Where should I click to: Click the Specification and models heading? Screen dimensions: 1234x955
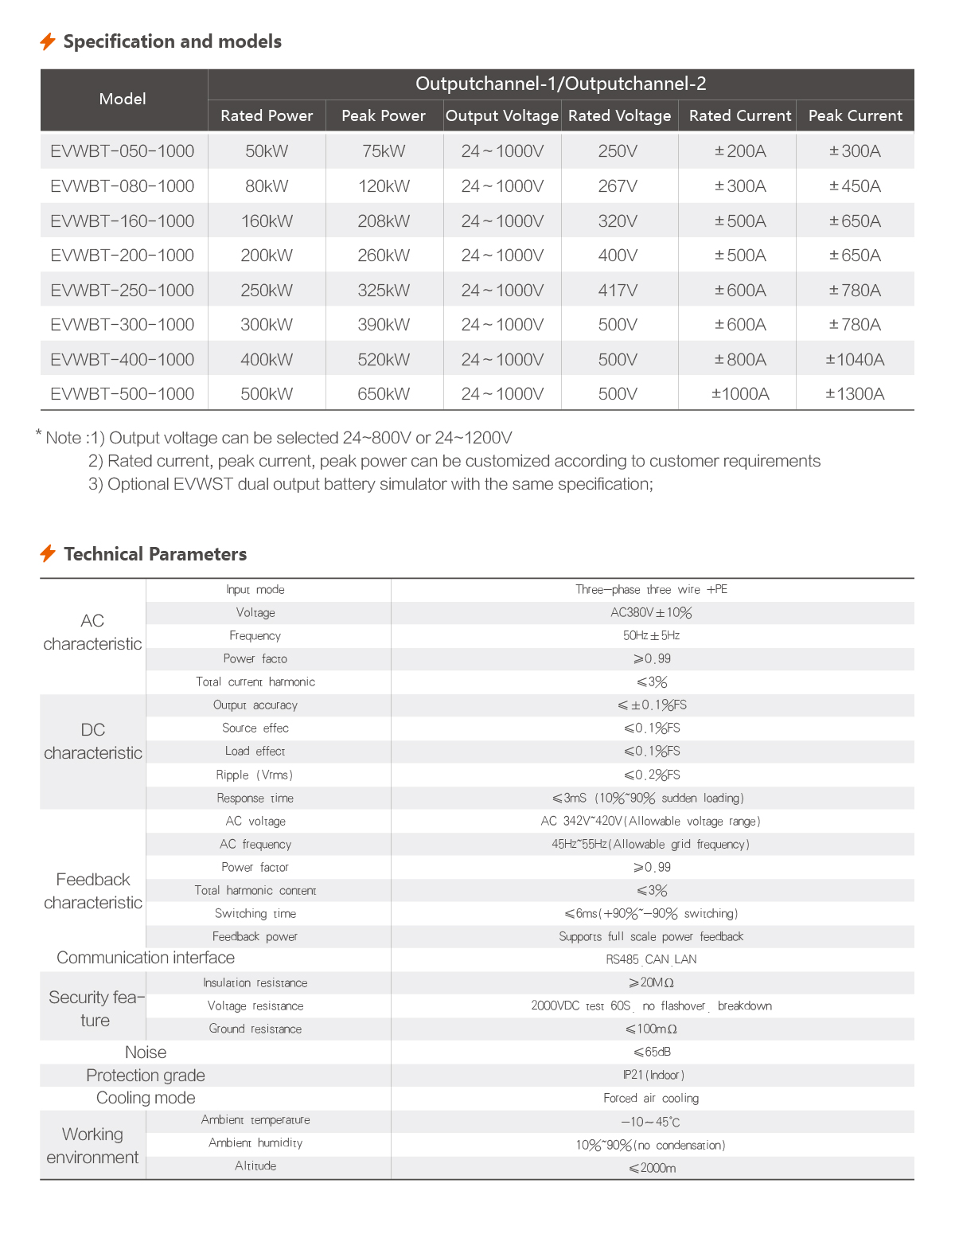point(172,41)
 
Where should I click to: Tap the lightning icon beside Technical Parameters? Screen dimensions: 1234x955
point(48,553)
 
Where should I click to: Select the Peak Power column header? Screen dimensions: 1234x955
point(384,115)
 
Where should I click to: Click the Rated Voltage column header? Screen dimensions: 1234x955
point(619,115)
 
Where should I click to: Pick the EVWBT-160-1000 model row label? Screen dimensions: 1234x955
point(123,221)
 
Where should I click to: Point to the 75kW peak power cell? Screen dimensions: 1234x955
point(384,151)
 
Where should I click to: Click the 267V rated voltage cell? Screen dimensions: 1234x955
point(618,186)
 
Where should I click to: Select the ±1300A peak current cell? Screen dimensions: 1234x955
point(855,394)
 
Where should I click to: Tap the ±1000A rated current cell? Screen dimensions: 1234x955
point(740,394)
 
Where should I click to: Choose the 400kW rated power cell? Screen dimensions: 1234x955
point(267,360)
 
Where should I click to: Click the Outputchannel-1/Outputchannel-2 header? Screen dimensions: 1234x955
point(560,84)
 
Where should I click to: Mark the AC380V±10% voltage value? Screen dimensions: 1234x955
point(651,612)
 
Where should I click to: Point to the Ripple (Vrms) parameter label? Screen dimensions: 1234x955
point(255,775)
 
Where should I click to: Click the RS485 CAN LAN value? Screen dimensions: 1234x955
point(651,959)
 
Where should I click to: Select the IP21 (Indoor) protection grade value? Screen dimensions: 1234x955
point(653,1075)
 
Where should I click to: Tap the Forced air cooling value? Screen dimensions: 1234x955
point(651,1098)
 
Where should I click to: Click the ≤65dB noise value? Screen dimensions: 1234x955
point(652,1052)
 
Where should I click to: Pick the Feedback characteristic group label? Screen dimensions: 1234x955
point(93,891)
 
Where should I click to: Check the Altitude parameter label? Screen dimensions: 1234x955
point(255,1166)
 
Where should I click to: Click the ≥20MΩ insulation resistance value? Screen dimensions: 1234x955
point(651,982)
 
